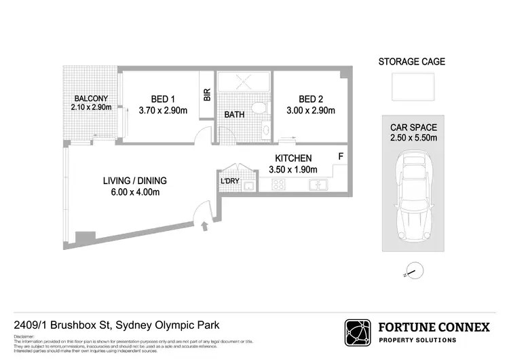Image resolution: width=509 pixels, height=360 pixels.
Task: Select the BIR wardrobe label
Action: click(207, 96)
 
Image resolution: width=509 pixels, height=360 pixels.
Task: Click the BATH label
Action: click(234, 115)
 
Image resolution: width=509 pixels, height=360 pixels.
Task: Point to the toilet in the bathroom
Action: click(257, 107)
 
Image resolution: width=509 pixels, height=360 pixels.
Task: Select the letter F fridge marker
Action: click(341, 157)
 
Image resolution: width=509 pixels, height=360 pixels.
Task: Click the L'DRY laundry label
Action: click(228, 182)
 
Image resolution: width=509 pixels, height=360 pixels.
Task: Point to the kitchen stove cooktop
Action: click(278, 185)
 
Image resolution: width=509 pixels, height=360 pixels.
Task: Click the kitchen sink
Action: click(318, 185)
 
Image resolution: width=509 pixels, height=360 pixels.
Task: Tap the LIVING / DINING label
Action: click(134, 181)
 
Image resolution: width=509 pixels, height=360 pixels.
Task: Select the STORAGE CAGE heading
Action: click(411, 62)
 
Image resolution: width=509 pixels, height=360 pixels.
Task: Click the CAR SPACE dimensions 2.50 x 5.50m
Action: click(413, 138)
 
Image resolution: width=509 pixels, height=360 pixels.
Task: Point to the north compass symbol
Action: click(412, 271)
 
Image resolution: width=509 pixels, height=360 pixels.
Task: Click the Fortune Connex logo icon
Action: click(358, 333)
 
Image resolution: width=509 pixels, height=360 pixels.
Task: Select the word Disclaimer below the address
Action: click(24, 336)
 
